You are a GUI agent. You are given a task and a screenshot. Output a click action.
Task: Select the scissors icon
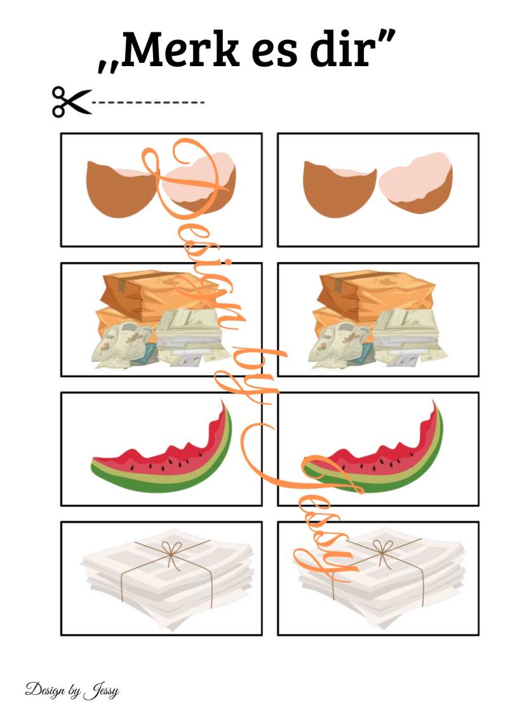tap(72, 101)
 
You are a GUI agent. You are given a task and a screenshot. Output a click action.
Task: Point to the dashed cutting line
tap(149, 102)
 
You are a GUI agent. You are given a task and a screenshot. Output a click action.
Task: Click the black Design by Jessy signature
tap(72, 690)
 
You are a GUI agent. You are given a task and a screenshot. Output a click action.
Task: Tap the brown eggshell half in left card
tap(119, 189)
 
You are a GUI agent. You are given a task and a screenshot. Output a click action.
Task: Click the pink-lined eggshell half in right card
tap(416, 182)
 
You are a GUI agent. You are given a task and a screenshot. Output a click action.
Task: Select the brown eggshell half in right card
tap(337, 189)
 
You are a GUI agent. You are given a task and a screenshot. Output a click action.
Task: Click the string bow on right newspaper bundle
tap(383, 548)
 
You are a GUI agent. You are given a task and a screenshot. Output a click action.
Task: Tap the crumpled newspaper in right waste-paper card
tap(340, 344)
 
